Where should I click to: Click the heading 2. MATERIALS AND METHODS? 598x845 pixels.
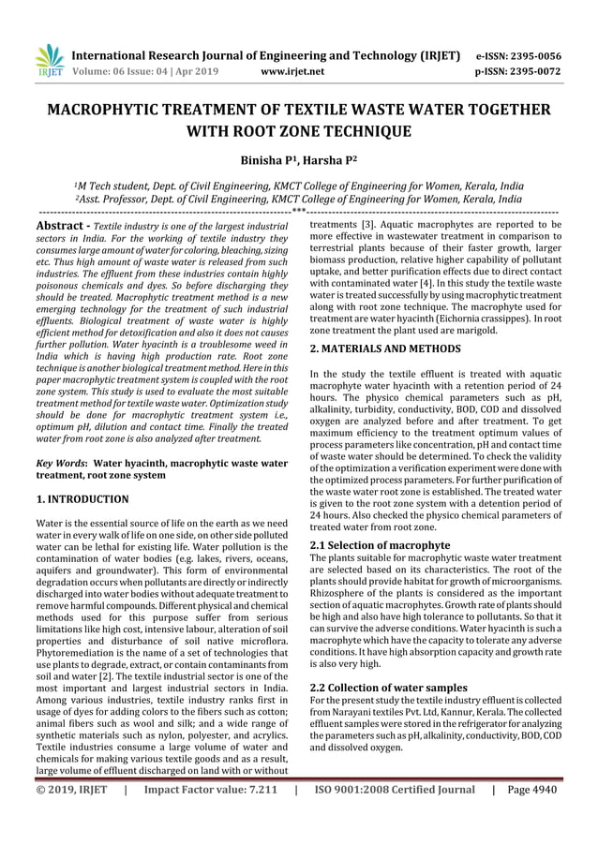click(384, 348)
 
